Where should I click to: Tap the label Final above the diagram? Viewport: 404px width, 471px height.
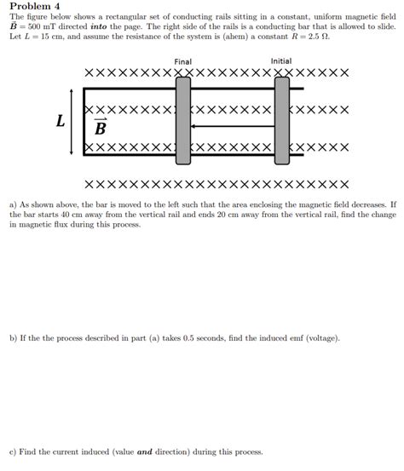tap(182, 61)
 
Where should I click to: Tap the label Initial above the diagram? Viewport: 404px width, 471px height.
tap(281, 61)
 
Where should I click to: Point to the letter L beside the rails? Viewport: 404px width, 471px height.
tap(61, 122)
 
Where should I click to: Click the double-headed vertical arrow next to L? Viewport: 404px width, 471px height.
tap(72, 122)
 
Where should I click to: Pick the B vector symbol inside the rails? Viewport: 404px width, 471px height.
tap(100, 129)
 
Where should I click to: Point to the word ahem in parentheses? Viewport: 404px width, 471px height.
tap(242, 38)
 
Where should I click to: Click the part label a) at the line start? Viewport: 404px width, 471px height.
tap(13, 205)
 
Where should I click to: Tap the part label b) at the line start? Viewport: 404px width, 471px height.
tap(13, 338)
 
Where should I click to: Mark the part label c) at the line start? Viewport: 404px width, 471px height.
tap(13, 451)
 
